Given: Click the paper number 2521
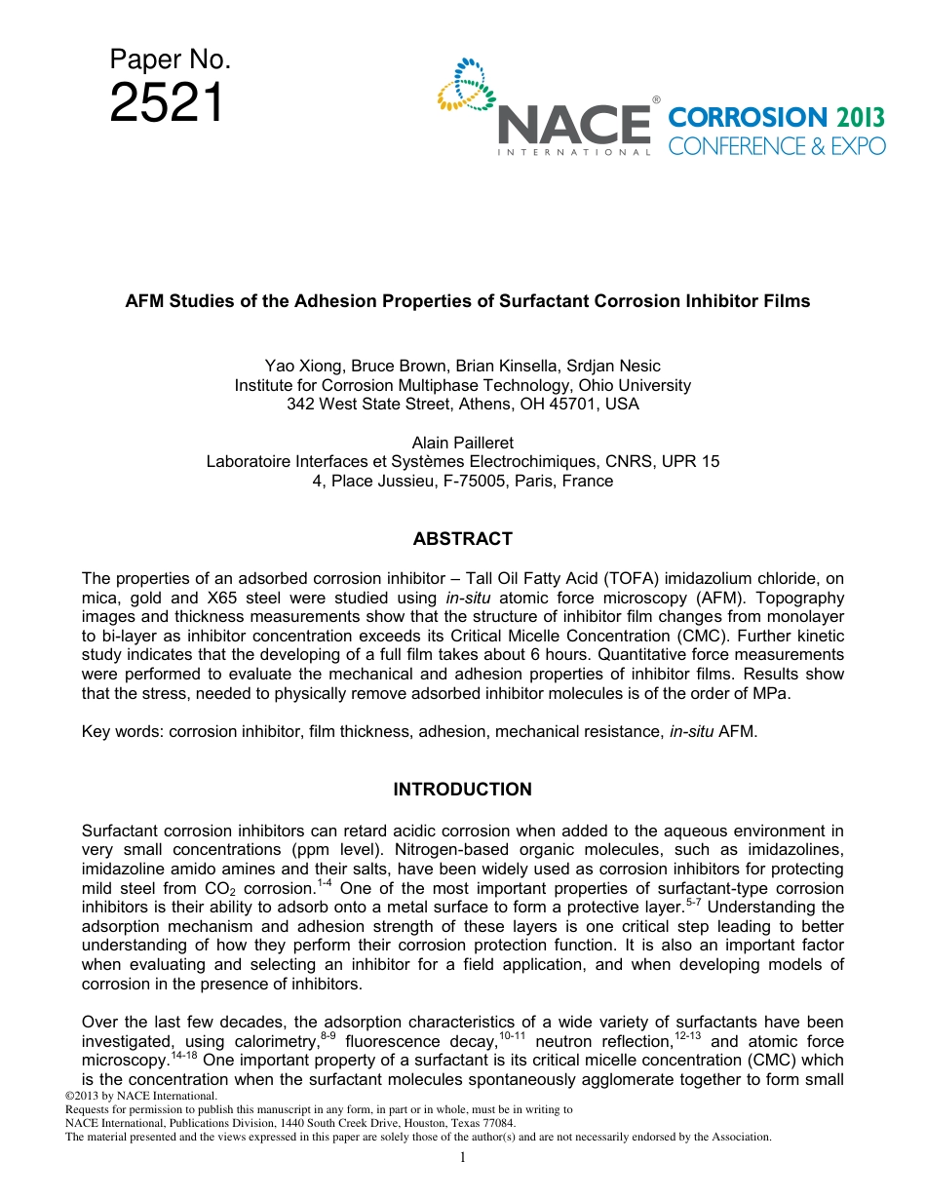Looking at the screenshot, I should (x=167, y=103).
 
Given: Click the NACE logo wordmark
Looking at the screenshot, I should (x=574, y=126).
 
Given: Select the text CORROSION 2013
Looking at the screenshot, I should (x=776, y=118).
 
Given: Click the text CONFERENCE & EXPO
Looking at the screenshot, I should (x=776, y=146).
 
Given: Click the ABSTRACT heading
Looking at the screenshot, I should (x=462, y=539).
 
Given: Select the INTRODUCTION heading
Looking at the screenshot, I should (x=462, y=790).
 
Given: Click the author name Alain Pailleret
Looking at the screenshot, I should (x=462, y=444).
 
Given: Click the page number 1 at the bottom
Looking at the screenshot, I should (x=463, y=1157).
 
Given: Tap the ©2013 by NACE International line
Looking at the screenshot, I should (x=138, y=1097).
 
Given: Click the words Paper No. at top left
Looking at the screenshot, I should (x=170, y=60).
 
